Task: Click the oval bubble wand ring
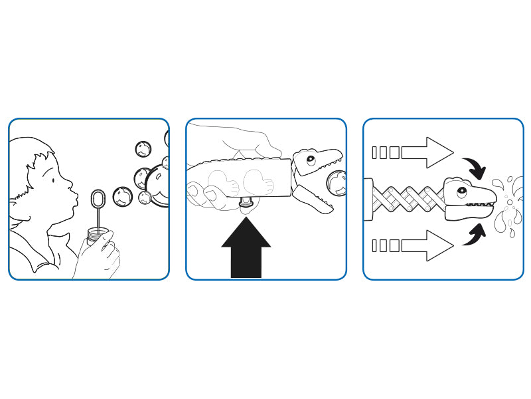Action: coord(98,199)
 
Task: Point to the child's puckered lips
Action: coord(74,198)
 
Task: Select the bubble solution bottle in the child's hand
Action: coord(98,234)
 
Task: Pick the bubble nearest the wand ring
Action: coord(121,196)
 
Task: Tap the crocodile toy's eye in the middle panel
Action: coord(310,160)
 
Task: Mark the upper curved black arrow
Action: coord(477,168)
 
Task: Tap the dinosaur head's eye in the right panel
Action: coord(461,191)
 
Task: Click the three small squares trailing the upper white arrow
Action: coord(386,153)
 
